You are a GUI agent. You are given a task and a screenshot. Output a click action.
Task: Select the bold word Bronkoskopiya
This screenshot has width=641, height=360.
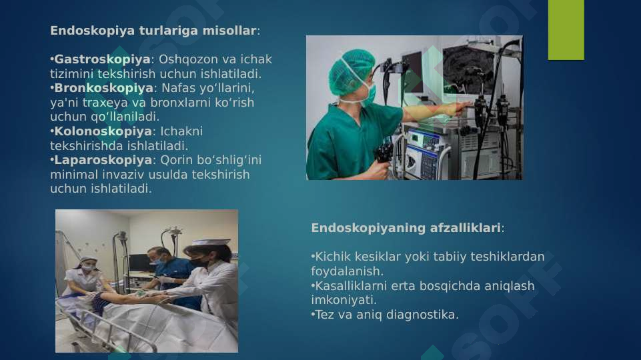pos(103,88)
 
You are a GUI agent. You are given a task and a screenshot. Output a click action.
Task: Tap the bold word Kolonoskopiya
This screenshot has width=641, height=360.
pos(103,131)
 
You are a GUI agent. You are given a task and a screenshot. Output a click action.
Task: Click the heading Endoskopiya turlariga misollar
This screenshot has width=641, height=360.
pos(153,31)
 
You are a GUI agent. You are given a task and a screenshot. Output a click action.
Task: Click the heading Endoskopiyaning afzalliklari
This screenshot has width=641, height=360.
pos(406,228)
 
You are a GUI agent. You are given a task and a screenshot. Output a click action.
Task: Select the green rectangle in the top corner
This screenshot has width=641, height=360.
pos(566,29)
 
